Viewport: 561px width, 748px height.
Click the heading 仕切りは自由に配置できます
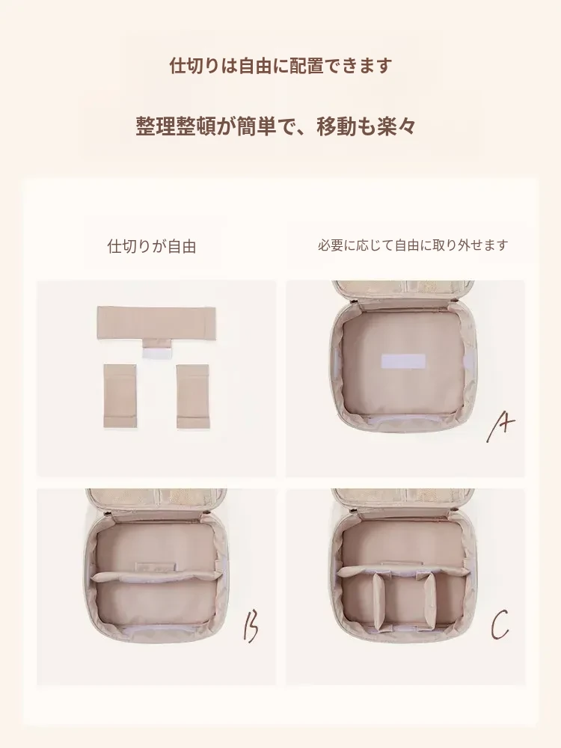pos(280,65)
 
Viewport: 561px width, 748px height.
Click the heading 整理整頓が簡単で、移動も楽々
pos(276,126)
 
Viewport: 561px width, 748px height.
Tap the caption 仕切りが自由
pos(152,246)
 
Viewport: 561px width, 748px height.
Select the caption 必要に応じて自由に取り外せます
pos(413,245)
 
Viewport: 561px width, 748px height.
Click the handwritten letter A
pos(500,426)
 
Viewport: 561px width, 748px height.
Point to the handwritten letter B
pos(251,626)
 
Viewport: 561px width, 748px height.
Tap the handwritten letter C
pos(500,625)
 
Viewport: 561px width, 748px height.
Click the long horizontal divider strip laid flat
pos(156,323)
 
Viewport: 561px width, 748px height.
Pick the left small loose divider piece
pos(120,396)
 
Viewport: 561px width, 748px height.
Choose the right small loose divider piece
pos(193,396)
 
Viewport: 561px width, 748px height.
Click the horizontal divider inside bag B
pos(156,576)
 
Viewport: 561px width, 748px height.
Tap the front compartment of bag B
pos(155,604)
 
